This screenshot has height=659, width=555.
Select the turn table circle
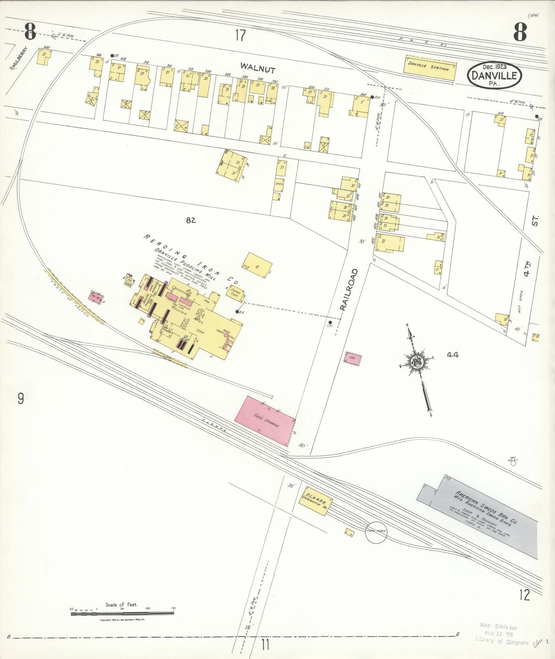(x=376, y=532)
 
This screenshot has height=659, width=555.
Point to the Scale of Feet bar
(x=122, y=614)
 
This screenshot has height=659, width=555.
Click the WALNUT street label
(x=258, y=68)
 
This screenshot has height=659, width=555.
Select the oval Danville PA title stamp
(x=494, y=75)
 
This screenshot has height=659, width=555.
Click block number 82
(x=191, y=220)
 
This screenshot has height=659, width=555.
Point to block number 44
(x=452, y=355)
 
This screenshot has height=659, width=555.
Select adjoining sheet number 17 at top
(x=240, y=36)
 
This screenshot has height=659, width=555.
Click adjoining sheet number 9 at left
(x=20, y=398)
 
